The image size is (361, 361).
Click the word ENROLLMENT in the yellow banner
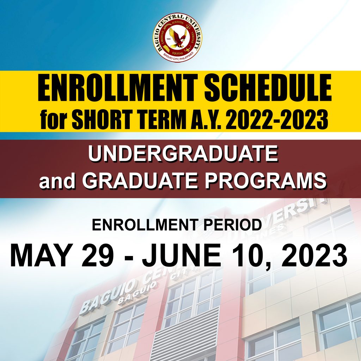click(117, 90)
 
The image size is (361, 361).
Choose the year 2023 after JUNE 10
click(314, 256)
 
